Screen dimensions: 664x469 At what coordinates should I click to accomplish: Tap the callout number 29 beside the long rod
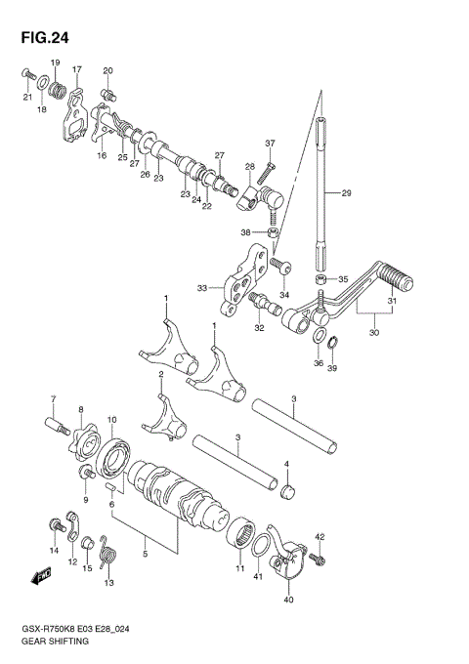pyautogui.click(x=346, y=193)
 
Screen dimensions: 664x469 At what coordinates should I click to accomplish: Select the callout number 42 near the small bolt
pyautogui.click(x=319, y=536)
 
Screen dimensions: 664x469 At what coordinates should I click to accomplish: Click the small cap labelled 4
pyautogui.click(x=286, y=488)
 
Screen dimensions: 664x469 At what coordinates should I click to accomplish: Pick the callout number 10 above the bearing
pyautogui.click(x=112, y=420)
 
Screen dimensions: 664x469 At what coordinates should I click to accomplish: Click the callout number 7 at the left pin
pyautogui.click(x=54, y=399)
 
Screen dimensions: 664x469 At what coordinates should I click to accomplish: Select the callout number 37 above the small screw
pyautogui.click(x=271, y=144)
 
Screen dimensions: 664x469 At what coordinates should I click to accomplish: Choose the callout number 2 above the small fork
pyautogui.click(x=160, y=374)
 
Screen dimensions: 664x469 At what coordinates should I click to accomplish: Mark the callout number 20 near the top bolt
pyautogui.click(x=108, y=70)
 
